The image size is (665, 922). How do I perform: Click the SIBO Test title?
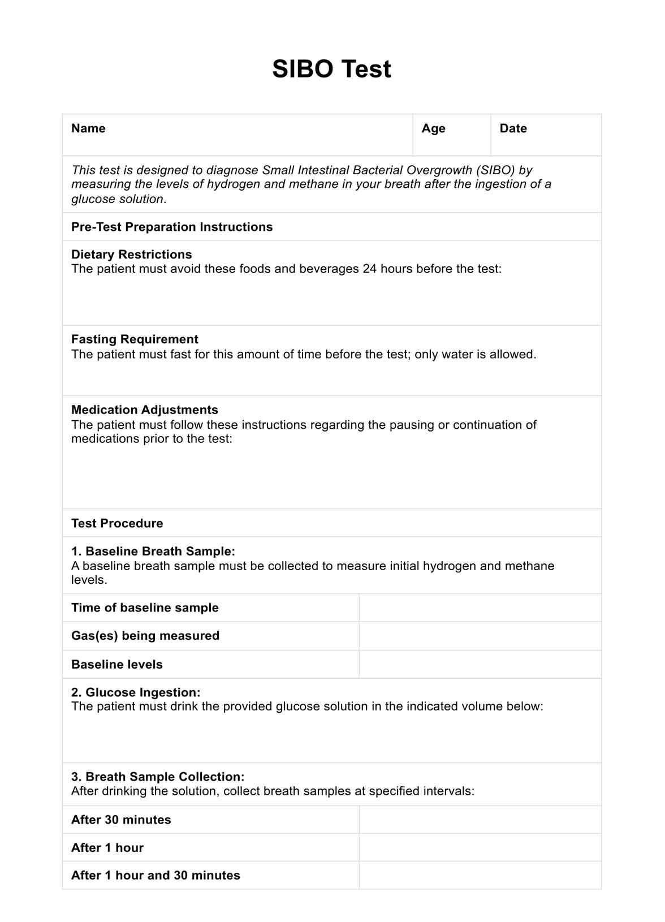(331, 69)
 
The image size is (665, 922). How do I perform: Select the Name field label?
(88, 128)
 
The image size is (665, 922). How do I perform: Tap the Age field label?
(433, 128)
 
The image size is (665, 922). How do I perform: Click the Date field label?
(513, 128)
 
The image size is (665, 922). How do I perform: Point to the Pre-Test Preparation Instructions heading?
(172, 227)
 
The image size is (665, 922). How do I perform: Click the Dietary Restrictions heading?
(131, 255)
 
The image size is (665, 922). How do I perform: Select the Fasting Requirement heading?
(135, 339)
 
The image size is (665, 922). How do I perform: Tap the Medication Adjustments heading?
(144, 410)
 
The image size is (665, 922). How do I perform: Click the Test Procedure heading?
(117, 523)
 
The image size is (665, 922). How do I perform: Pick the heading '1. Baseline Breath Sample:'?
(153, 552)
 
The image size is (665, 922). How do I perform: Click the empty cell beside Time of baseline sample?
(480, 608)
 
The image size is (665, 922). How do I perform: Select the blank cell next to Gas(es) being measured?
(480, 636)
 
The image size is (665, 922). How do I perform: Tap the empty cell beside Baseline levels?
(480, 664)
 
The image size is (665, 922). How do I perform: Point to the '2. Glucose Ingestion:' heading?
(136, 692)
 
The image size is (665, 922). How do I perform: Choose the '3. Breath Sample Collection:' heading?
(158, 777)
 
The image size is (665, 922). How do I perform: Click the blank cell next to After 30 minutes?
(480, 820)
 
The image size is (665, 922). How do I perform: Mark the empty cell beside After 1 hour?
(480, 847)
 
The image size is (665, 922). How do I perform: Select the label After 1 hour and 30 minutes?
(156, 876)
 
